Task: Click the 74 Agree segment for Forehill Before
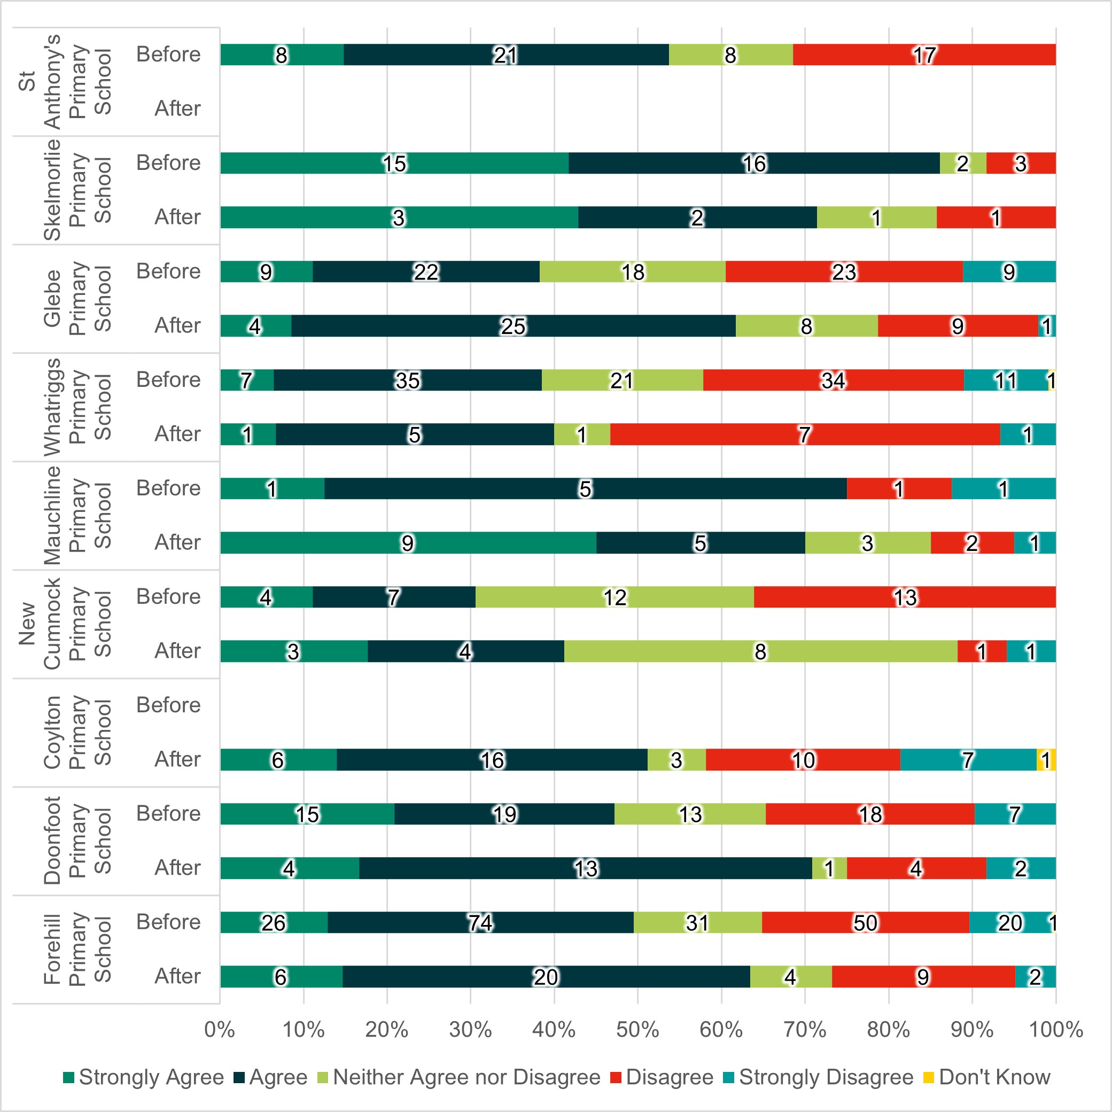(x=480, y=922)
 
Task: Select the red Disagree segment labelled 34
(x=833, y=380)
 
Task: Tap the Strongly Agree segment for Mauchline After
(x=408, y=542)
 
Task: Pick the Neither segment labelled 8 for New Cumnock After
(x=760, y=651)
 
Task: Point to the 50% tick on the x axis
(x=637, y=1029)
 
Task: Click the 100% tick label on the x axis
(x=1055, y=1029)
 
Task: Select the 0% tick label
(x=219, y=1029)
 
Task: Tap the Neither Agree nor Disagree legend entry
(x=458, y=1077)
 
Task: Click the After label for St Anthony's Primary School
(x=177, y=108)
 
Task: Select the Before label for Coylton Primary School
(x=168, y=705)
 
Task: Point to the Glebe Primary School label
(x=77, y=299)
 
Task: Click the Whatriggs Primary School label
(x=77, y=407)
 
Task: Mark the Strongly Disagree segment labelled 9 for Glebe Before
(x=1009, y=271)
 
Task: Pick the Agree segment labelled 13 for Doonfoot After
(x=585, y=868)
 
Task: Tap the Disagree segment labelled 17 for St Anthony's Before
(x=924, y=55)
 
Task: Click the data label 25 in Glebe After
(x=513, y=326)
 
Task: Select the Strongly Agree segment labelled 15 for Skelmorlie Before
(x=394, y=163)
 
